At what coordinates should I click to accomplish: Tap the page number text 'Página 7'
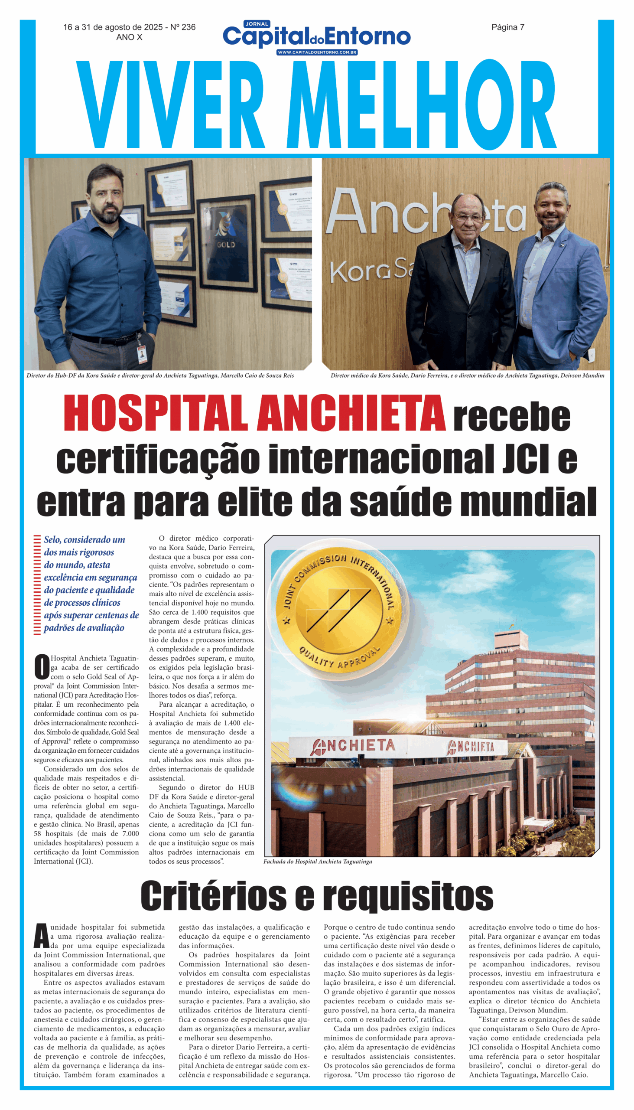click(508, 27)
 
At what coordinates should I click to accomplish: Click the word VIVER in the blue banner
click(170, 104)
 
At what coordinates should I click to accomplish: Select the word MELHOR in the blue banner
click(421, 104)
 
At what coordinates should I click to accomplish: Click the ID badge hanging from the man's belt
click(142, 353)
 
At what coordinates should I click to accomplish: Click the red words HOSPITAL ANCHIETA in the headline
click(254, 413)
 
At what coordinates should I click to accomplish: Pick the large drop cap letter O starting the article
click(42, 667)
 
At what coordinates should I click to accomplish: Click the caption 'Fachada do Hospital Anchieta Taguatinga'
click(318, 861)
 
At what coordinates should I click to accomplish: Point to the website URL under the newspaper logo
click(316, 52)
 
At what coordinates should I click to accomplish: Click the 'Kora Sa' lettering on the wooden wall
click(370, 271)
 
